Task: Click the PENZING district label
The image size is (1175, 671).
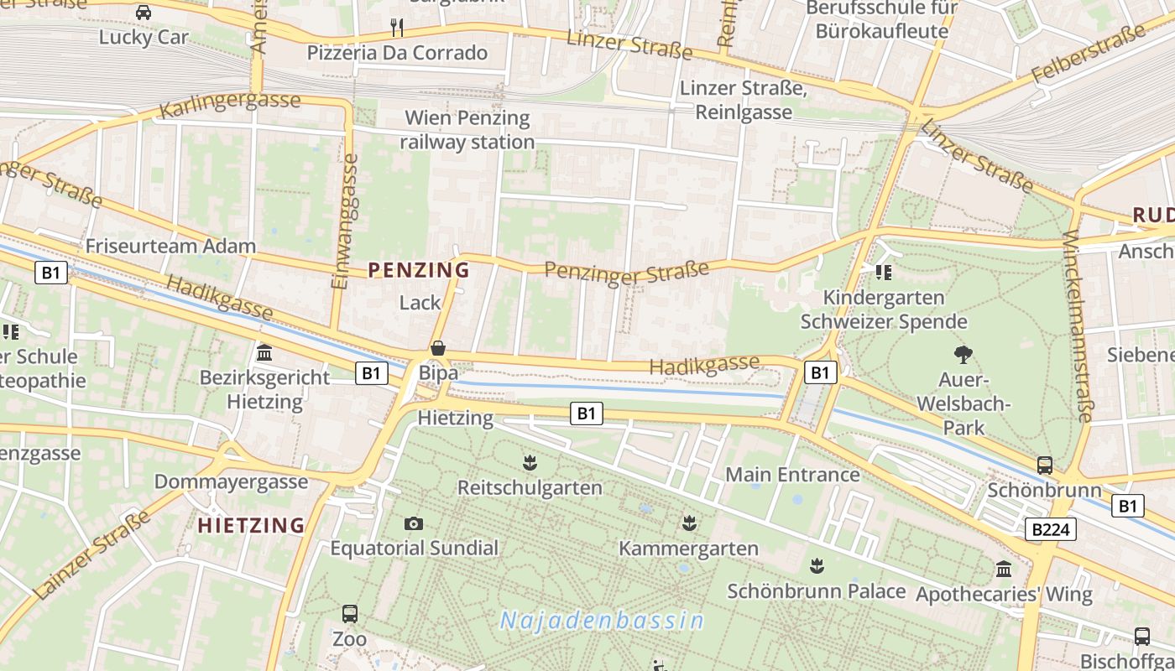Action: point(419,270)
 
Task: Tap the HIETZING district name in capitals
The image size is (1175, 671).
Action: point(251,526)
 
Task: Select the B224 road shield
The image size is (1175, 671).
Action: point(1050,529)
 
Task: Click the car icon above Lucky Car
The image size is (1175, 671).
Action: point(144,13)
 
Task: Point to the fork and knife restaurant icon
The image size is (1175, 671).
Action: point(397,28)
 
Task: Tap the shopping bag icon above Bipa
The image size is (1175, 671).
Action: point(437,348)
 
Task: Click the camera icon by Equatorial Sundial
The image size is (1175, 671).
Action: point(414,524)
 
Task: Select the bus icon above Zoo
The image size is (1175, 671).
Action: point(350,614)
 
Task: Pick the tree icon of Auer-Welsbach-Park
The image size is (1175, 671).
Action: point(963,355)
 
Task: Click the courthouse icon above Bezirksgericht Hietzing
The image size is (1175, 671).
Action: point(264,353)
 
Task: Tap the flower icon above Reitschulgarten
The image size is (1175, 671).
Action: point(530,462)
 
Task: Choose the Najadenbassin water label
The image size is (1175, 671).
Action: point(602,621)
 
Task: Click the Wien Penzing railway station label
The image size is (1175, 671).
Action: point(467,130)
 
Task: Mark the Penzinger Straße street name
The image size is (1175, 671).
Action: point(627,273)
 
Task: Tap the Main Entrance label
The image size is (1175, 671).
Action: point(792,475)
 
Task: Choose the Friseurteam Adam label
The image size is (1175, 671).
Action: point(170,247)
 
